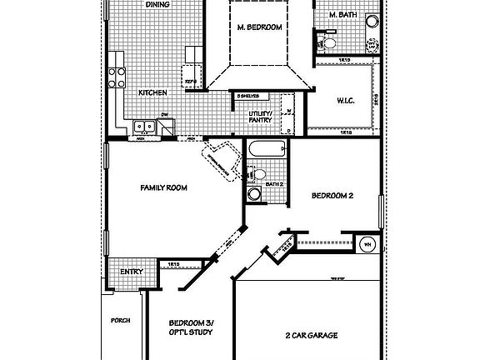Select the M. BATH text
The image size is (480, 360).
[x=342, y=15]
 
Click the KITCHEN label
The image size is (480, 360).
[x=152, y=92]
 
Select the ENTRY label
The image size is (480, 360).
[x=132, y=272]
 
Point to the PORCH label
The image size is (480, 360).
[x=122, y=320]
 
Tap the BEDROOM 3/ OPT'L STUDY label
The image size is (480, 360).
[x=191, y=327]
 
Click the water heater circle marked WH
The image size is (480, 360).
[x=367, y=245]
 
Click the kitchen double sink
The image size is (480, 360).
[x=142, y=127]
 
